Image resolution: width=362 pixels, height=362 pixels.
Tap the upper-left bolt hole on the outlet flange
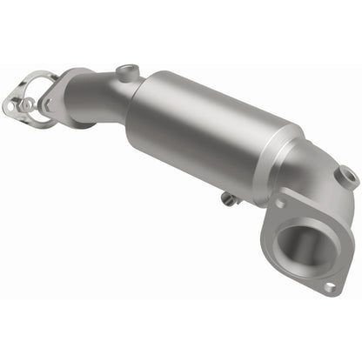click(280, 204)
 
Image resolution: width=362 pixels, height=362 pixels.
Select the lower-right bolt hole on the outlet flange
click(329, 285)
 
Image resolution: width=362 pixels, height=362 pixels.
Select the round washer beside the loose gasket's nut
click(27, 104)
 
